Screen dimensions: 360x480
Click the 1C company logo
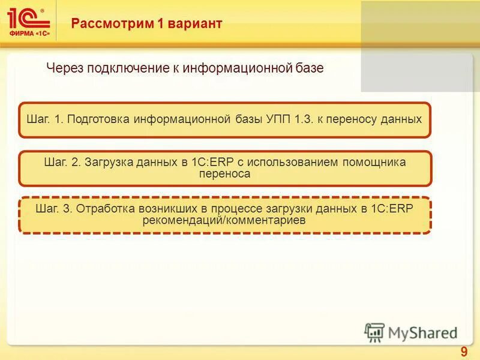point(28,23)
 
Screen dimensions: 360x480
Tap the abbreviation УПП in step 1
point(278,119)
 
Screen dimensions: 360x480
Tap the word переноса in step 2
point(224,174)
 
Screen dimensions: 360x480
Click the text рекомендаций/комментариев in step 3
point(224,221)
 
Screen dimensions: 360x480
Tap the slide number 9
point(464,352)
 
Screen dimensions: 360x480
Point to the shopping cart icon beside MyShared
point(374,332)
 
